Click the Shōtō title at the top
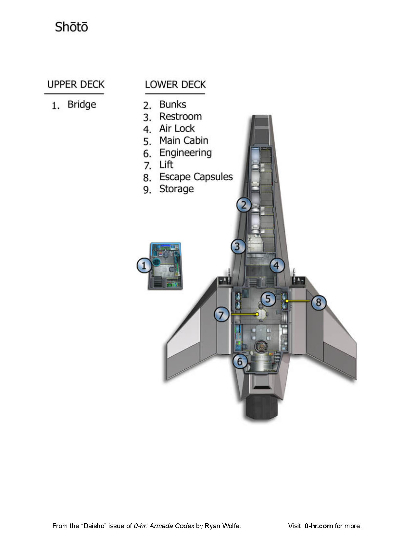(x=71, y=27)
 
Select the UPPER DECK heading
(x=76, y=84)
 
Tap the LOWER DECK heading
(x=175, y=84)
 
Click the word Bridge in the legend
(x=82, y=105)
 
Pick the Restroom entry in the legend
(x=180, y=116)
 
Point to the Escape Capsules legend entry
(x=196, y=177)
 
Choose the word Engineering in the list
(x=185, y=153)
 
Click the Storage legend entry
(x=176, y=189)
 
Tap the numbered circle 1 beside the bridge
(x=144, y=266)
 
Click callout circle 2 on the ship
(x=244, y=205)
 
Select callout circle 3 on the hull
(x=238, y=246)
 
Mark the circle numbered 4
(x=276, y=266)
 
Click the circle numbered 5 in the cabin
(x=268, y=299)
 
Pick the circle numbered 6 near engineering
(x=240, y=361)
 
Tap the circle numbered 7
(x=221, y=315)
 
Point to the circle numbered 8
(x=319, y=302)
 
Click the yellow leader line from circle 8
(x=299, y=301)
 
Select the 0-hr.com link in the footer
(x=319, y=526)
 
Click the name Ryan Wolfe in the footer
(x=222, y=526)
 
